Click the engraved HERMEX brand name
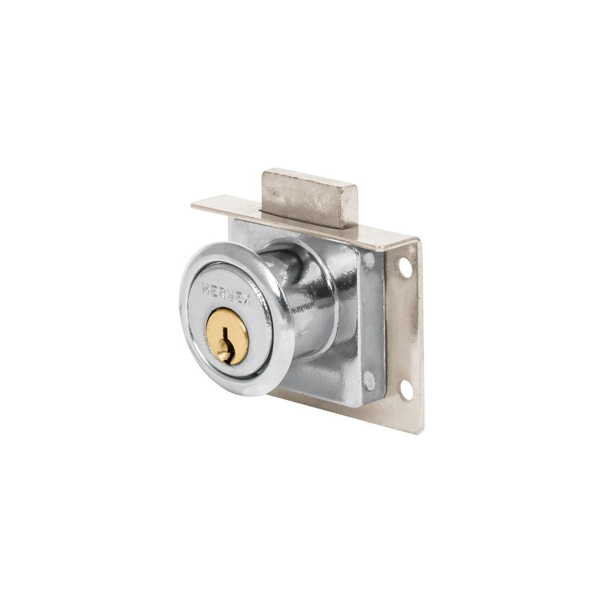(226, 294)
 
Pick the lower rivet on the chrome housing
(369, 380)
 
